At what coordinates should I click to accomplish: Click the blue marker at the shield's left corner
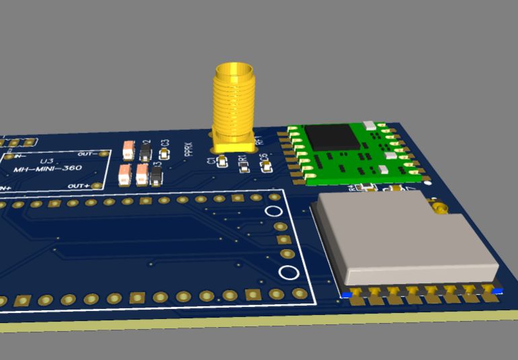click(x=346, y=295)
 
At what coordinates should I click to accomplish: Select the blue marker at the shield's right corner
click(x=498, y=290)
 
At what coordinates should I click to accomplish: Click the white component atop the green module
click(x=369, y=124)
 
